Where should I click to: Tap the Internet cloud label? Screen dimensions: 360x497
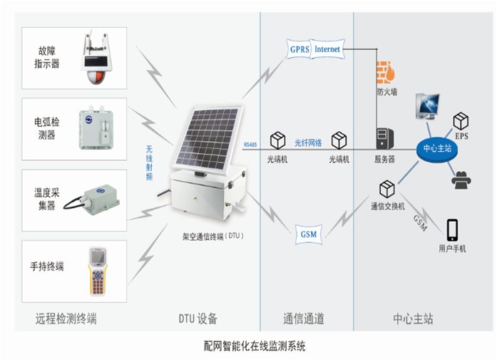(x=327, y=49)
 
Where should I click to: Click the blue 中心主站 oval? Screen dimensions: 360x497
(x=436, y=149)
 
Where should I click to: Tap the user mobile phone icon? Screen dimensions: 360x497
(x=451, y=230)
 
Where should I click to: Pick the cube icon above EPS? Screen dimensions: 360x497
(x=461, y=119)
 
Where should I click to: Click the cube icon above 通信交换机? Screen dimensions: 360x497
(x=387, y=189)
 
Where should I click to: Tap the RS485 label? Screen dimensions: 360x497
(x=250, y=145)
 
